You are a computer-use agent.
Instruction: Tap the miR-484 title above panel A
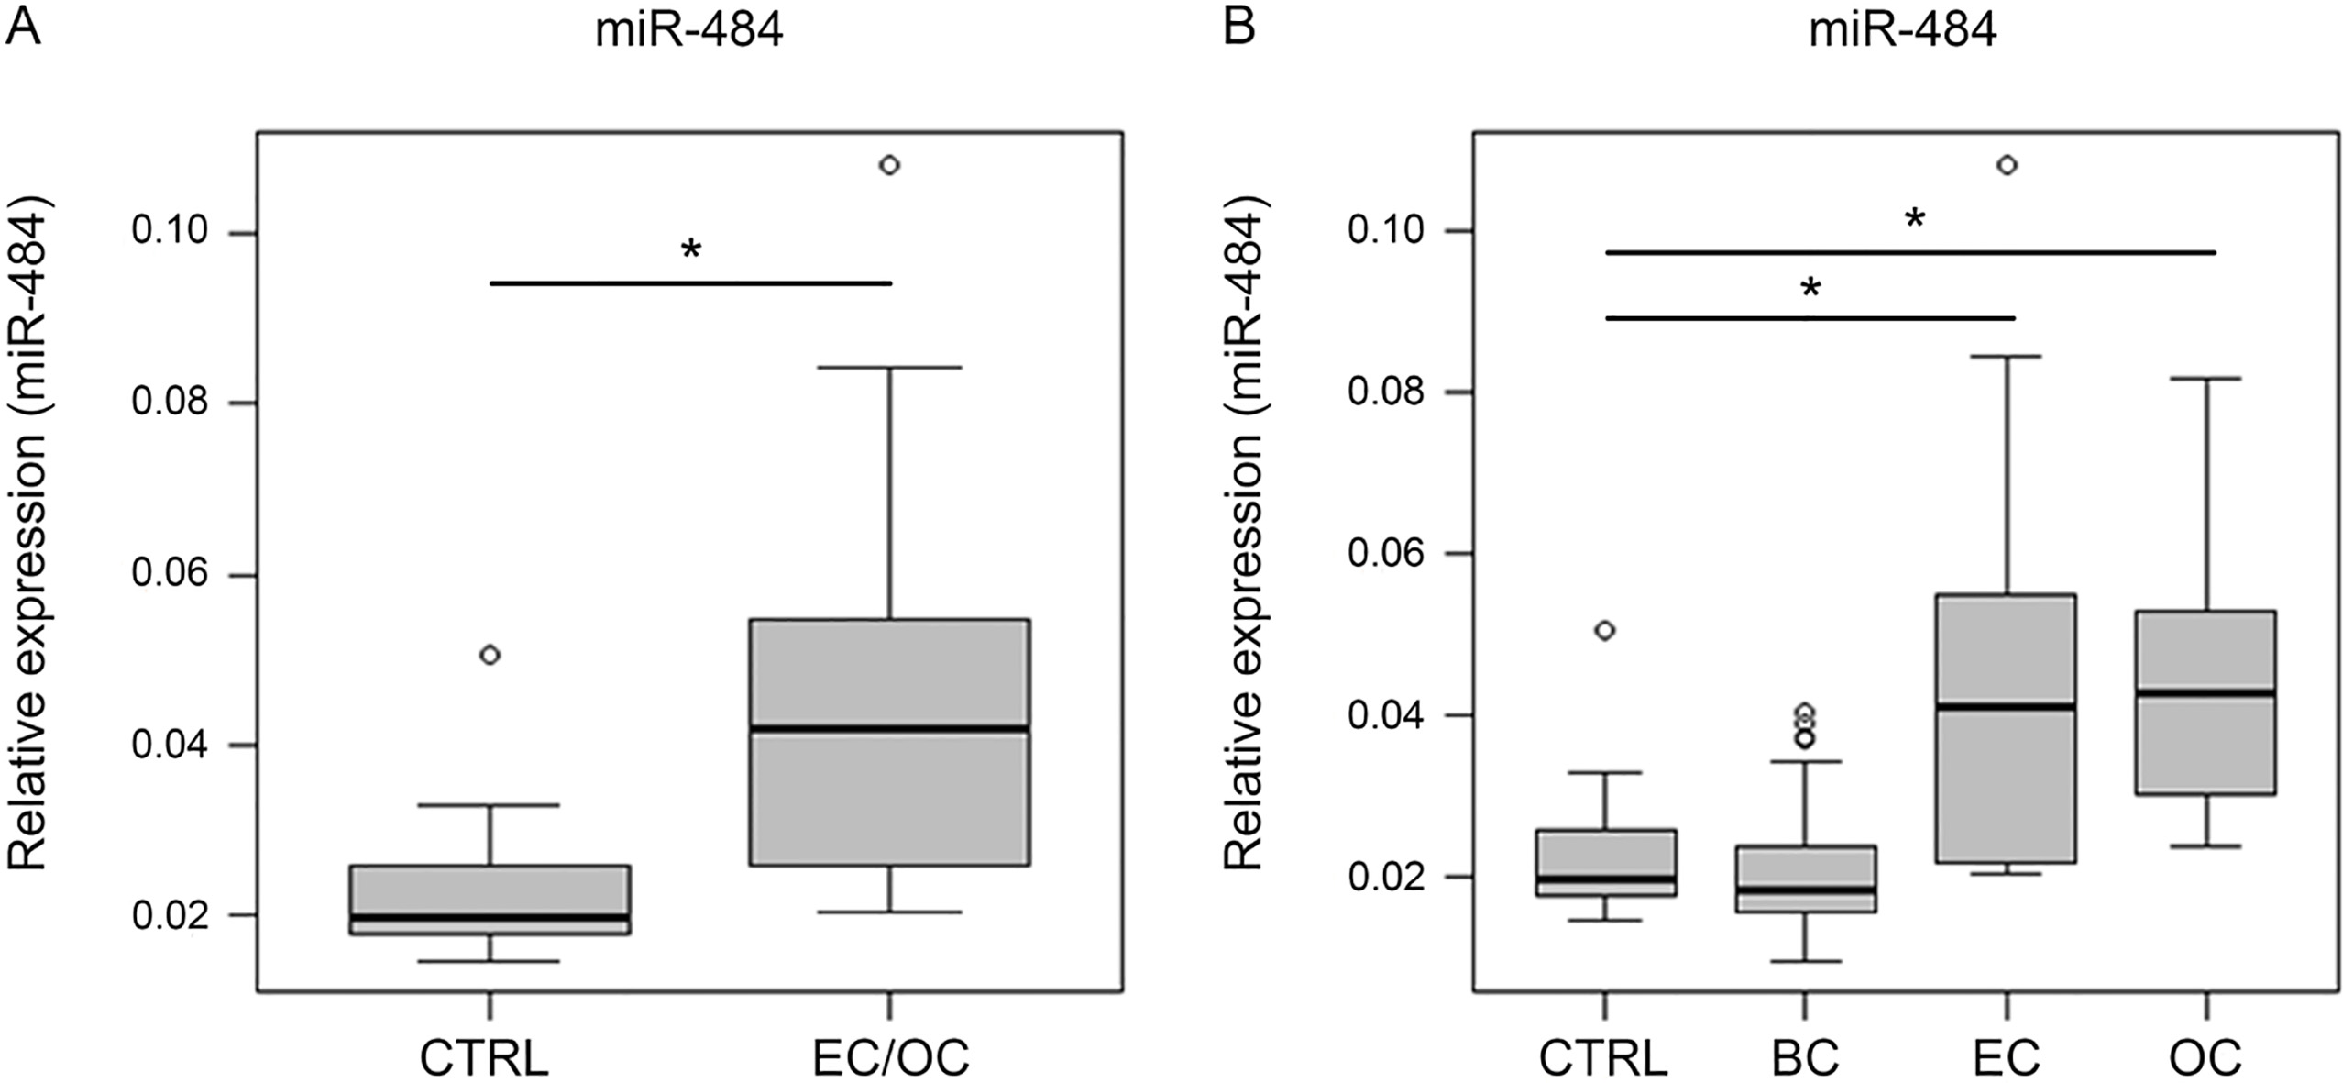pyautogui.click(x=689, y=32)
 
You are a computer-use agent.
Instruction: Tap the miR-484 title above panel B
pyautogui.click(x=1904, y=32)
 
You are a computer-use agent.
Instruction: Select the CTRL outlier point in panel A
pyautogui.click(x=490, y=655)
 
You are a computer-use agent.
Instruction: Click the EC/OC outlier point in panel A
pyautogui.click(x=889, y=165)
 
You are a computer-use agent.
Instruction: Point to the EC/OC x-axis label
pyautogui.click(x=891, y=1057)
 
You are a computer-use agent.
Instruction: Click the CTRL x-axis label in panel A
pyautogui.click(x=484, y=1057)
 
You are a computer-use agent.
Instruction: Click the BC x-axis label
pyautogui.click(x=1805, y=1057)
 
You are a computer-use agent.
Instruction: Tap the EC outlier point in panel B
pyautogui.click(x=2007, y=165)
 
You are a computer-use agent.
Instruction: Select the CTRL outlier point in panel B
pyautogui.click(x=1605, y=630)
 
